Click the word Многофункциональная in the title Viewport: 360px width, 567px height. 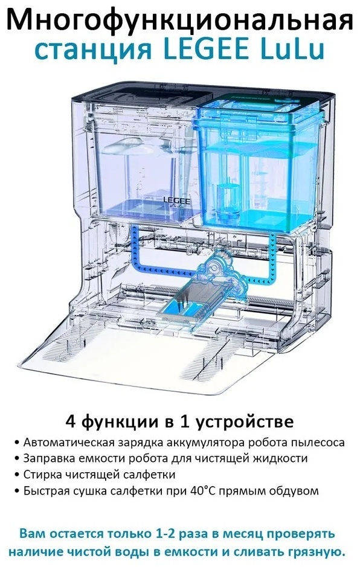180,21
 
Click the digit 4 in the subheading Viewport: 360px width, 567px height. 71,422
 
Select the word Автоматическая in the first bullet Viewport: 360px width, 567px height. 69,442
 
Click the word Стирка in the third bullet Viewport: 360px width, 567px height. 42,474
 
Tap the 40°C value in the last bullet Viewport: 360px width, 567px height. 198,490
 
